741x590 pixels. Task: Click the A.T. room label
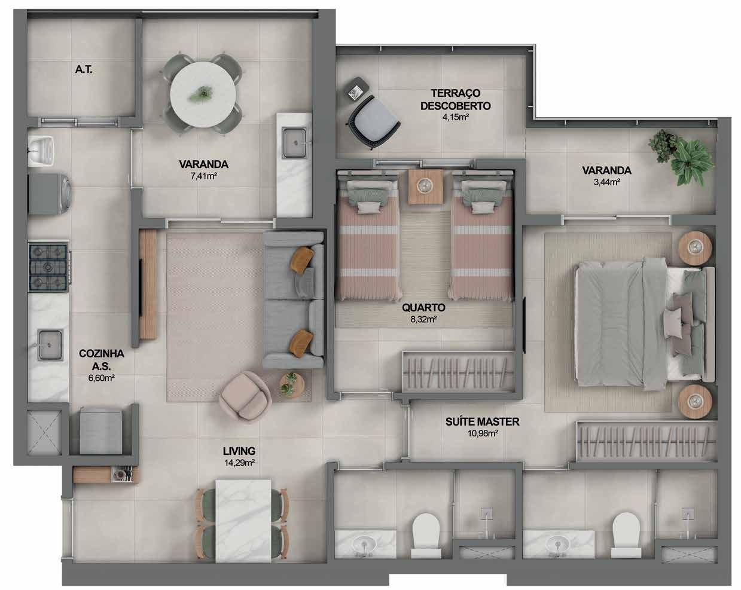[84, 69]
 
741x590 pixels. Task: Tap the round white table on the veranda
[203, 94]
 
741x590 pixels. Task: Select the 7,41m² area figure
[203, 176]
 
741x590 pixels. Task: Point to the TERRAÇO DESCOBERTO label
[456, 99]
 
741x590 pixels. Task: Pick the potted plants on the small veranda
[680, 157]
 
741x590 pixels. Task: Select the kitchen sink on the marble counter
[50, 345]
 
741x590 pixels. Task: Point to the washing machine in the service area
[50, 194]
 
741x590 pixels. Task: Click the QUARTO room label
[423, 307]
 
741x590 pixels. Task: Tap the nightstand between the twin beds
[426, 187]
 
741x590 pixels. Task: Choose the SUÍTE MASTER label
[483, 421]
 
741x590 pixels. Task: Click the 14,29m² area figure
[239, 463]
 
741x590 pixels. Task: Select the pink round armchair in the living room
[245, 396]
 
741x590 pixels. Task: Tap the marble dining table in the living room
[243, 521]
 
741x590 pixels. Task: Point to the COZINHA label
[101, 353]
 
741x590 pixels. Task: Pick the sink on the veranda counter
[294, 143]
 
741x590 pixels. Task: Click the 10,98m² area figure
[483, 433]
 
